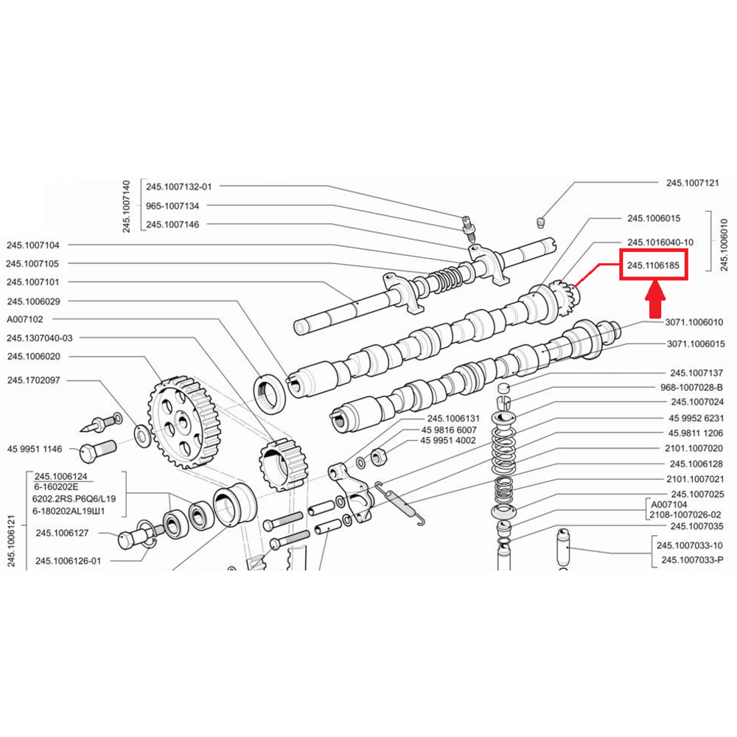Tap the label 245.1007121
693,183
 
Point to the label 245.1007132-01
178,187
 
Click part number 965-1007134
172,206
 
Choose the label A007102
26,320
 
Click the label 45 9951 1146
35,448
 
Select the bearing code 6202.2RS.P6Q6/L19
74,498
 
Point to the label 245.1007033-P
693,559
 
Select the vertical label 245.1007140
127,206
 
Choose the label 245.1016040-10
660,242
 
